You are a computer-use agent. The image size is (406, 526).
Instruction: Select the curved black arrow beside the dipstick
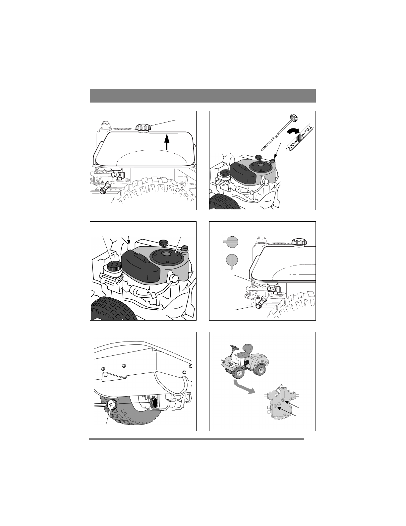(x=293, y=131)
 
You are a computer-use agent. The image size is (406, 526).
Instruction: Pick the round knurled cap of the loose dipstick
(x=294, y=117)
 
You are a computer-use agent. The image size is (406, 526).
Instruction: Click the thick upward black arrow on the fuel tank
(x=166, y=142)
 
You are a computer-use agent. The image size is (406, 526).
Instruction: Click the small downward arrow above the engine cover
(x=129, y=240)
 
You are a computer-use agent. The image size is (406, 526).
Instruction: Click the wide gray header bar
(x=203, y=96)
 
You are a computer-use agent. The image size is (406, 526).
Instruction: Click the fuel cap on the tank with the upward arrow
(x=143, y=127)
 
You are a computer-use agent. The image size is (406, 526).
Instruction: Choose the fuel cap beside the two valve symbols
(x=300, y=242)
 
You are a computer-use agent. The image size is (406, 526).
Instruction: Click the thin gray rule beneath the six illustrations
(x=197, y=438)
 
